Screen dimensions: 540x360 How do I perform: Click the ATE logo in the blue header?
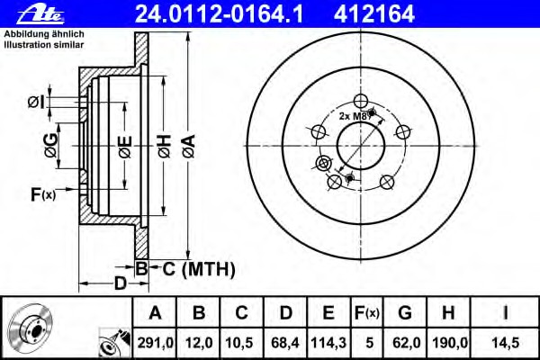click(40, 15)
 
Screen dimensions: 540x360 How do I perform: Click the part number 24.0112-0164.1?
click(219, 13)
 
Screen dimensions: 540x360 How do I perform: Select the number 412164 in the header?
click(374, 13)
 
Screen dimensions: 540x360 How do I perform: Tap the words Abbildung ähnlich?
click(44, 34)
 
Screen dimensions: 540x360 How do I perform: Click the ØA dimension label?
click(189, 147)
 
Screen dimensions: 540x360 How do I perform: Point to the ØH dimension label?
click(165, 147)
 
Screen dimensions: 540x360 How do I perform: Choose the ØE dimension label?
click(125, 147)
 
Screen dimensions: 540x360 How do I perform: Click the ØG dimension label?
click(51, 146)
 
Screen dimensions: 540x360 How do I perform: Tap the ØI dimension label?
click(37, 103)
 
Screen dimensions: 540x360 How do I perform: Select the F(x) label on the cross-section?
click(43, 194)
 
